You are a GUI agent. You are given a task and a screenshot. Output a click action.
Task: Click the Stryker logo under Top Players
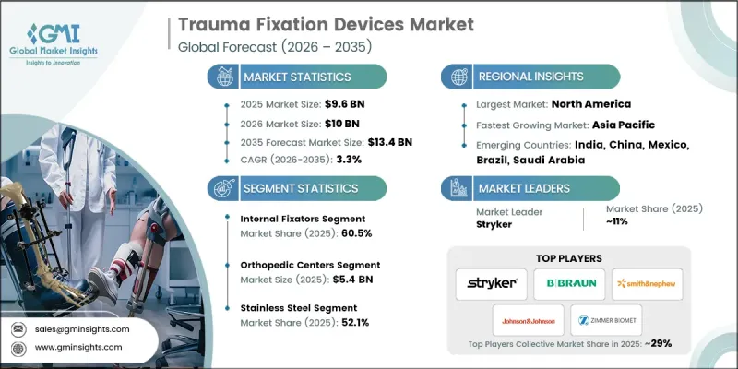click(491, 283)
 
